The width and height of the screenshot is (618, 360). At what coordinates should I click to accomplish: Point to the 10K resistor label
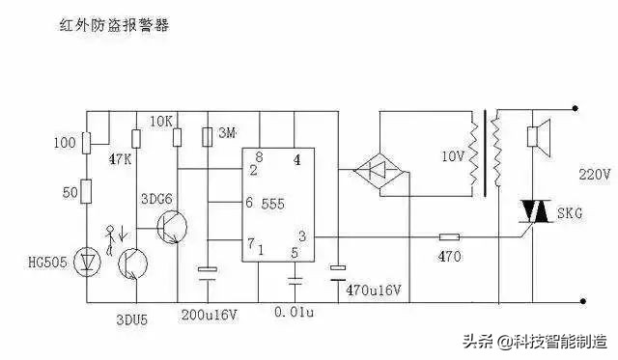tap(162, 123)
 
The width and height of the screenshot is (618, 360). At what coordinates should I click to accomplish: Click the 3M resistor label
tap(225, 132)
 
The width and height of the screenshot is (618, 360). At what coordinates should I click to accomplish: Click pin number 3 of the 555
tap(302, 235)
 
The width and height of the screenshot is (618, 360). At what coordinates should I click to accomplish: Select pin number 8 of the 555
tap(258, 156)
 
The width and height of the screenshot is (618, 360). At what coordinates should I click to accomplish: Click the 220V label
tap(593, 175)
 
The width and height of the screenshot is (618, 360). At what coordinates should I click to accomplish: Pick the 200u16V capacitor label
tap(210, 315)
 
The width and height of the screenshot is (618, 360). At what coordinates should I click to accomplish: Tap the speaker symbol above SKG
tap(533, 137)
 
